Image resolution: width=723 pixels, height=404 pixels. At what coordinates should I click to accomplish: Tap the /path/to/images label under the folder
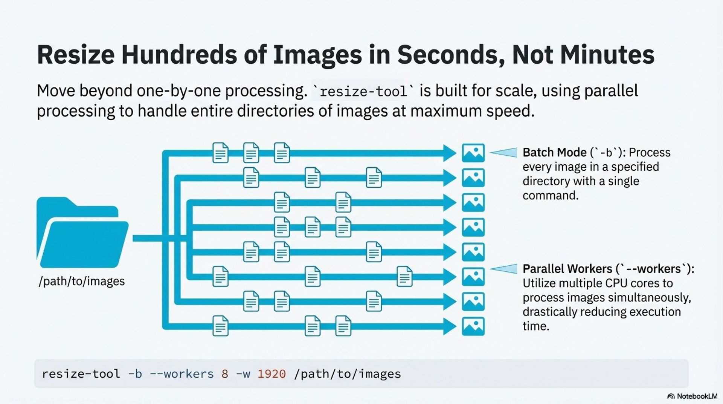tap(82, 281)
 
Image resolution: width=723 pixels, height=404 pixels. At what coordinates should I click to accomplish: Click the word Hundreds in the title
tap(179, 55)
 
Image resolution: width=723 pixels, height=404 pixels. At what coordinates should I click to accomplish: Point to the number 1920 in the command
tap(272, 374)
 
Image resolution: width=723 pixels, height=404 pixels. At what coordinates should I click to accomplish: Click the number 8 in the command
tap(225, 374)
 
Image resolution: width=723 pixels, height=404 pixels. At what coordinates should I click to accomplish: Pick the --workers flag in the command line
tap(182, 374)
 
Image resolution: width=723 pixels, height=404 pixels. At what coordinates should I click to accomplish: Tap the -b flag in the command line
tap(135, 374)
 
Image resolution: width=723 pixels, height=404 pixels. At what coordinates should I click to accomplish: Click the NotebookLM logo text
tap(697, 396)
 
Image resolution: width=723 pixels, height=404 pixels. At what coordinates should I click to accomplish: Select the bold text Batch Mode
tap(554, 152)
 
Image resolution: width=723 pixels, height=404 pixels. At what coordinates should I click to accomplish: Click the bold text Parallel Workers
tap(567, 269)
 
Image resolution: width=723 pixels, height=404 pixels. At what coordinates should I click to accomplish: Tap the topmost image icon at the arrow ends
tap(473, 153)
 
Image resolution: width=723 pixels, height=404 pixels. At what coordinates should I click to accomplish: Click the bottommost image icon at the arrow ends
tap(473, 326)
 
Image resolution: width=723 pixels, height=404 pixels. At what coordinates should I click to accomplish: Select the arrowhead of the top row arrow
tap(450, 153)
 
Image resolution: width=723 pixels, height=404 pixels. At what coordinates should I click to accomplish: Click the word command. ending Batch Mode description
tap(550, 196)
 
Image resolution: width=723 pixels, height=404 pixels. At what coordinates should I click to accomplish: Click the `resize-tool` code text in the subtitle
tap(363, 91)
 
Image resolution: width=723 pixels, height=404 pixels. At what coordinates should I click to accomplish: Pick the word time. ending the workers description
tap(536, 326)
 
